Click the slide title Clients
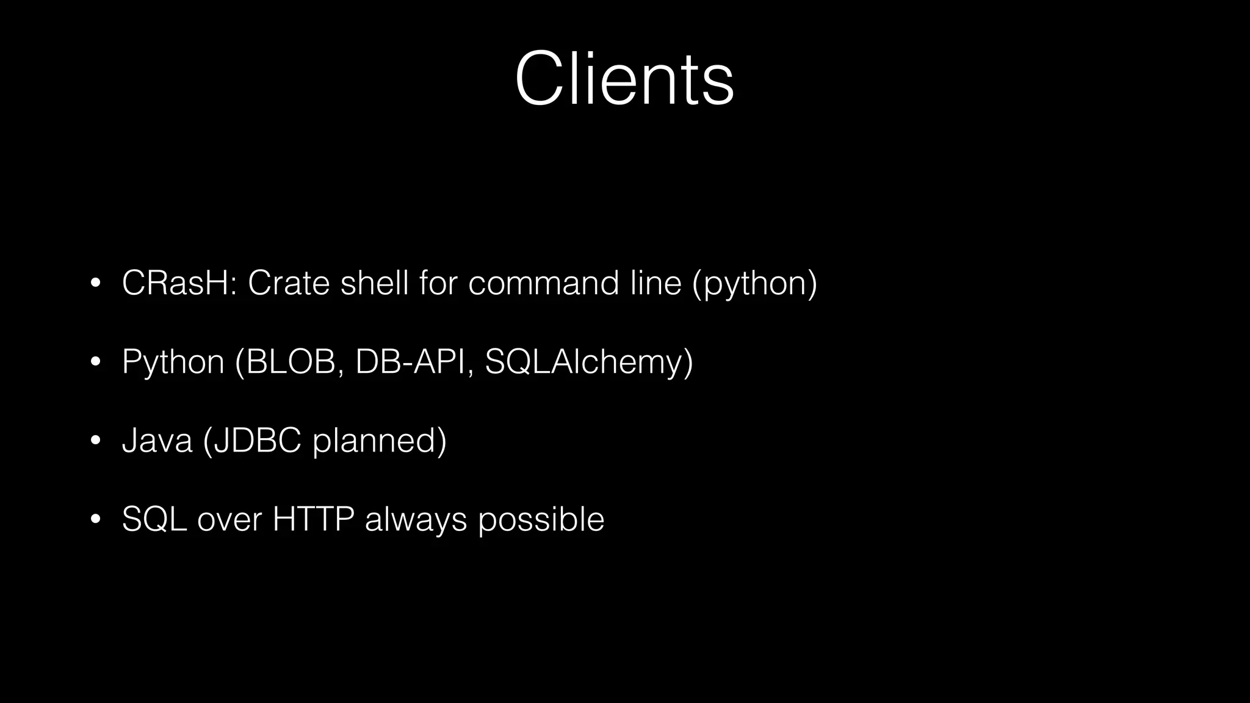624,79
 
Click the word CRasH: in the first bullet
179,283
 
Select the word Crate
289,283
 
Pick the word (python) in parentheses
754,284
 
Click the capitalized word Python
173,362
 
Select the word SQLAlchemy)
589,362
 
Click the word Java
157,440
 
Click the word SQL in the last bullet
154,519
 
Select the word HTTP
313,519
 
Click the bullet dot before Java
95,441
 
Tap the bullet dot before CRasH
95,283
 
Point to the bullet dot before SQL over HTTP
95,519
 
